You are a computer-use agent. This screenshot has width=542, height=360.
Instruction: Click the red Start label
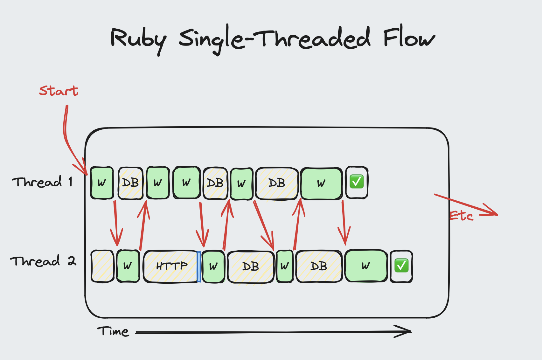59,91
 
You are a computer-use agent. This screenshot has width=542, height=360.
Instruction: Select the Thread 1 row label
42,182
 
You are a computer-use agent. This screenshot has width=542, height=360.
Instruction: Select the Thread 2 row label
43,261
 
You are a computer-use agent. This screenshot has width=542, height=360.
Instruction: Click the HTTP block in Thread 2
171,266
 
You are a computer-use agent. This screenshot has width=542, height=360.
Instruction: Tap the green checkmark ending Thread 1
357,182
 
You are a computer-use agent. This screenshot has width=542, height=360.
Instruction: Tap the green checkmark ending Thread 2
401,266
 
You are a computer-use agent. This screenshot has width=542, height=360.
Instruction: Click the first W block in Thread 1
102,183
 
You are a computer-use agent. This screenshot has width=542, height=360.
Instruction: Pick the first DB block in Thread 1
130,183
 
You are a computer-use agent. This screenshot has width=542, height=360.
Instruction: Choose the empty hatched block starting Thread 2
102,266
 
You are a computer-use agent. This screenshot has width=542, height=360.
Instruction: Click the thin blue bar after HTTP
199,267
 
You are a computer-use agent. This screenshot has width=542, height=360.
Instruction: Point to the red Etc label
461,216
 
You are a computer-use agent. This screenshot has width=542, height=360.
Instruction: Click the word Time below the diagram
113,332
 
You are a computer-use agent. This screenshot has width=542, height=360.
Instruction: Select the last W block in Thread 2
366,266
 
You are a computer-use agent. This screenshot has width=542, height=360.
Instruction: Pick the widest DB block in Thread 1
277,183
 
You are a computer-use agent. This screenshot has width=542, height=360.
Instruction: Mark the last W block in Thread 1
321,183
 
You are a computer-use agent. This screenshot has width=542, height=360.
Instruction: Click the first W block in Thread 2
128,266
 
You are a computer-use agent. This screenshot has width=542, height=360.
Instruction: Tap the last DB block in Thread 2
319,266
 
